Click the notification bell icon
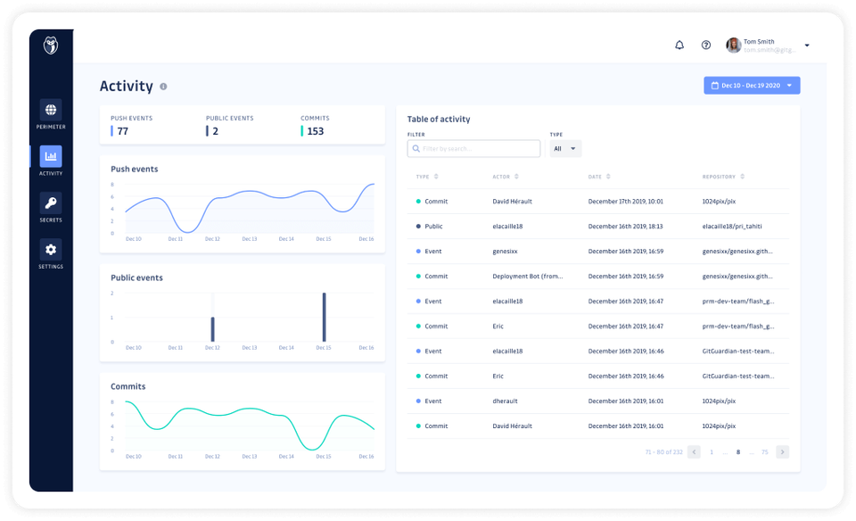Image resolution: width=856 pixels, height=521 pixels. click(679, 45)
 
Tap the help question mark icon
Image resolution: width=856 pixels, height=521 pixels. click(706, 45)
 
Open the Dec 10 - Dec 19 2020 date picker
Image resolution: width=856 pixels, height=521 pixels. click(752, 86)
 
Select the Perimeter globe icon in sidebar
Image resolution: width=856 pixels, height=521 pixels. click(51, 110)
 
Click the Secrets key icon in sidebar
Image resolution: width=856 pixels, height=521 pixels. click(51, 203)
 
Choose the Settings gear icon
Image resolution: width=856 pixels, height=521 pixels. click(51, 250)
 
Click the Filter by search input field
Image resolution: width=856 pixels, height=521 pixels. click(473, 149)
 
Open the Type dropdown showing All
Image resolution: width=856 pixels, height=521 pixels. click(564, 149)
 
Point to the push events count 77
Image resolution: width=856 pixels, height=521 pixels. click(123, 131)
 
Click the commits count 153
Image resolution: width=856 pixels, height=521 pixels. click(315, 131)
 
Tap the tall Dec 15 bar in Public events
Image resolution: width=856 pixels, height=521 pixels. click(324, 317)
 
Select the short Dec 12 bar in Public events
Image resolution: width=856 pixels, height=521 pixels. click(212, 328)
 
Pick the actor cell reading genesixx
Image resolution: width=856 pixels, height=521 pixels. click(505, 252)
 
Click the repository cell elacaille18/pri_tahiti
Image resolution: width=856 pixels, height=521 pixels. click(732, 227)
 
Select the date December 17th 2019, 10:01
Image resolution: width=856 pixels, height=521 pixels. click(625, 202)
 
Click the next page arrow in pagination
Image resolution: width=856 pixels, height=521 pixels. click(782, 452)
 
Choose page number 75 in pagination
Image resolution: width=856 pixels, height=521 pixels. click(764, 452)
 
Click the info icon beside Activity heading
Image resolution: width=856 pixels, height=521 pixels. click(163, 87)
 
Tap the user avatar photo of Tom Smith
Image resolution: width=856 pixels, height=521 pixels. click(733, 45)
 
